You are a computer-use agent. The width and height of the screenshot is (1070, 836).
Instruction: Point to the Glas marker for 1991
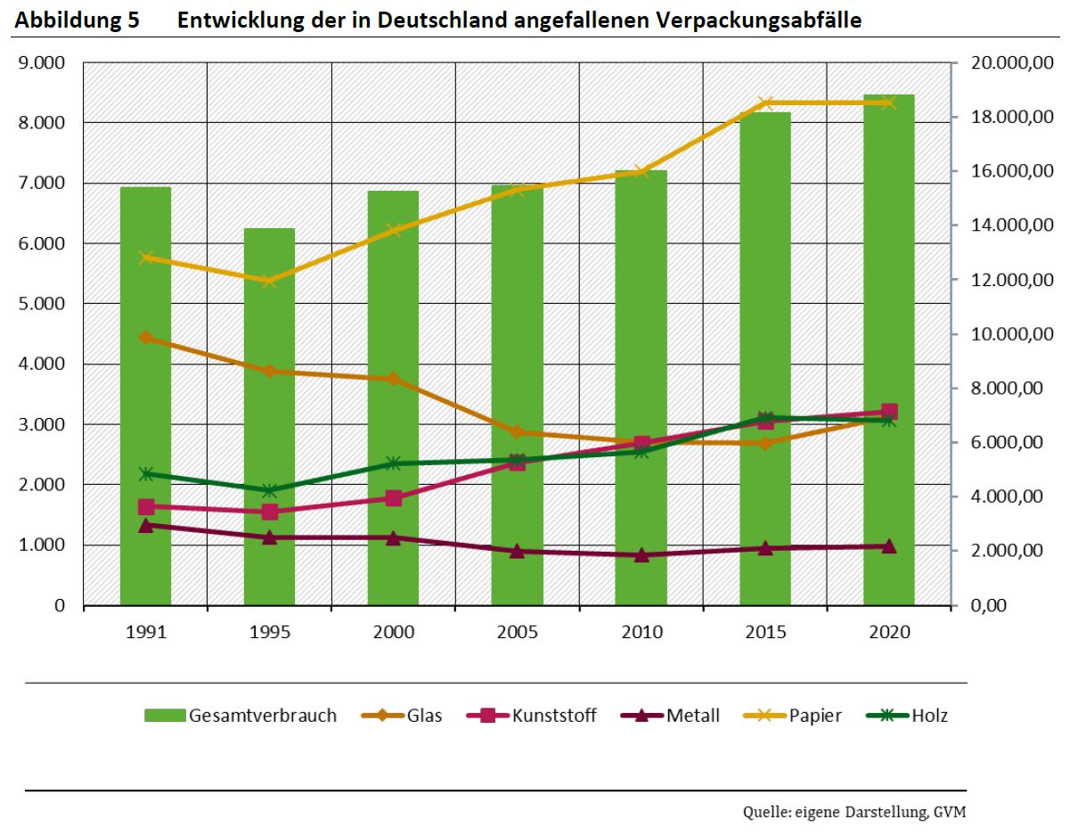pos(145,337)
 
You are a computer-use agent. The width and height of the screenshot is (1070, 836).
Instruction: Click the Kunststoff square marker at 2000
pos(394,498)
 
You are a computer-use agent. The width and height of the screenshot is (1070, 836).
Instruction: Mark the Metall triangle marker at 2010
pos(641,554)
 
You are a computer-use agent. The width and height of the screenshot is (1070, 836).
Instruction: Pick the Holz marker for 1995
pos(269,490)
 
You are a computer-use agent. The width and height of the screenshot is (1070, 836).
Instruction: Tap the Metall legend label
pos(693,715)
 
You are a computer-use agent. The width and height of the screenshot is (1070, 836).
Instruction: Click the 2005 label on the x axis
pos(518,632)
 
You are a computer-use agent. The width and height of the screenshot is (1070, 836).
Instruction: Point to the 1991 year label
pos(145,632)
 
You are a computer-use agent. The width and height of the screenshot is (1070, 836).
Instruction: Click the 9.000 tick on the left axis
pos(42,63)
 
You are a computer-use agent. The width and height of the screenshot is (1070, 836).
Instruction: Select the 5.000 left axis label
pos(42,304)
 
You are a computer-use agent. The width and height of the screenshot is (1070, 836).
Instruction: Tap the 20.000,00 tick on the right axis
pos(1012,63)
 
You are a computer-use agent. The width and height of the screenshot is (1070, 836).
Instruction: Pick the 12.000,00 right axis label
pos(1012,280)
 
